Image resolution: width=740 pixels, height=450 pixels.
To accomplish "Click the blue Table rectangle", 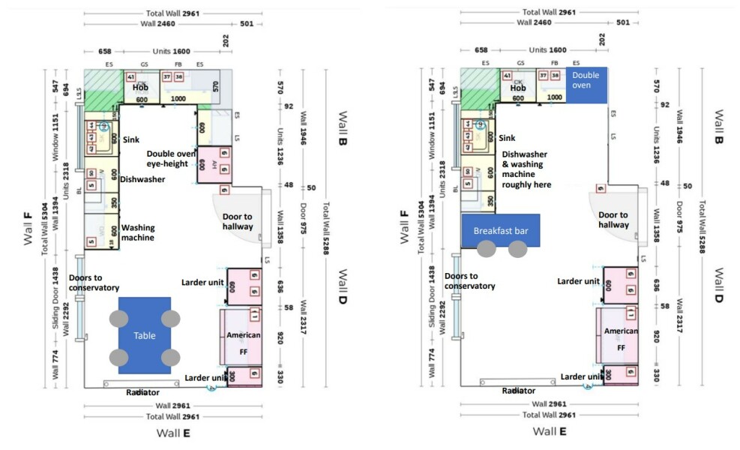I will click(x=144, y=335).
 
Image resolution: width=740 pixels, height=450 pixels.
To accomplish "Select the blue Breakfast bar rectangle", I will click(x=501, y=231).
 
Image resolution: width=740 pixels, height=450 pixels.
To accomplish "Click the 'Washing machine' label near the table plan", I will click(x=138, y=232).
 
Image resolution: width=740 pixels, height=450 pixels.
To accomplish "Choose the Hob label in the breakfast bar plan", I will click(x=518, y=88).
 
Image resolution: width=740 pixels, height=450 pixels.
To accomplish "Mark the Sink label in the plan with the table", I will click(x=131, y=139).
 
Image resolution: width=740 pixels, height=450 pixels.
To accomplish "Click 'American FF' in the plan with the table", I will click(x=244, y=340).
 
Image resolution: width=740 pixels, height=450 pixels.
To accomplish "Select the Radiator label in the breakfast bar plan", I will click(x=519, y=391).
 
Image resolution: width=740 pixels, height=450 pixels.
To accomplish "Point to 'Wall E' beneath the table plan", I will click(x=173, y=432).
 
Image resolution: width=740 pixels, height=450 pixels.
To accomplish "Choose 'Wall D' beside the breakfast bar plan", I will click(x=718, y=286).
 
